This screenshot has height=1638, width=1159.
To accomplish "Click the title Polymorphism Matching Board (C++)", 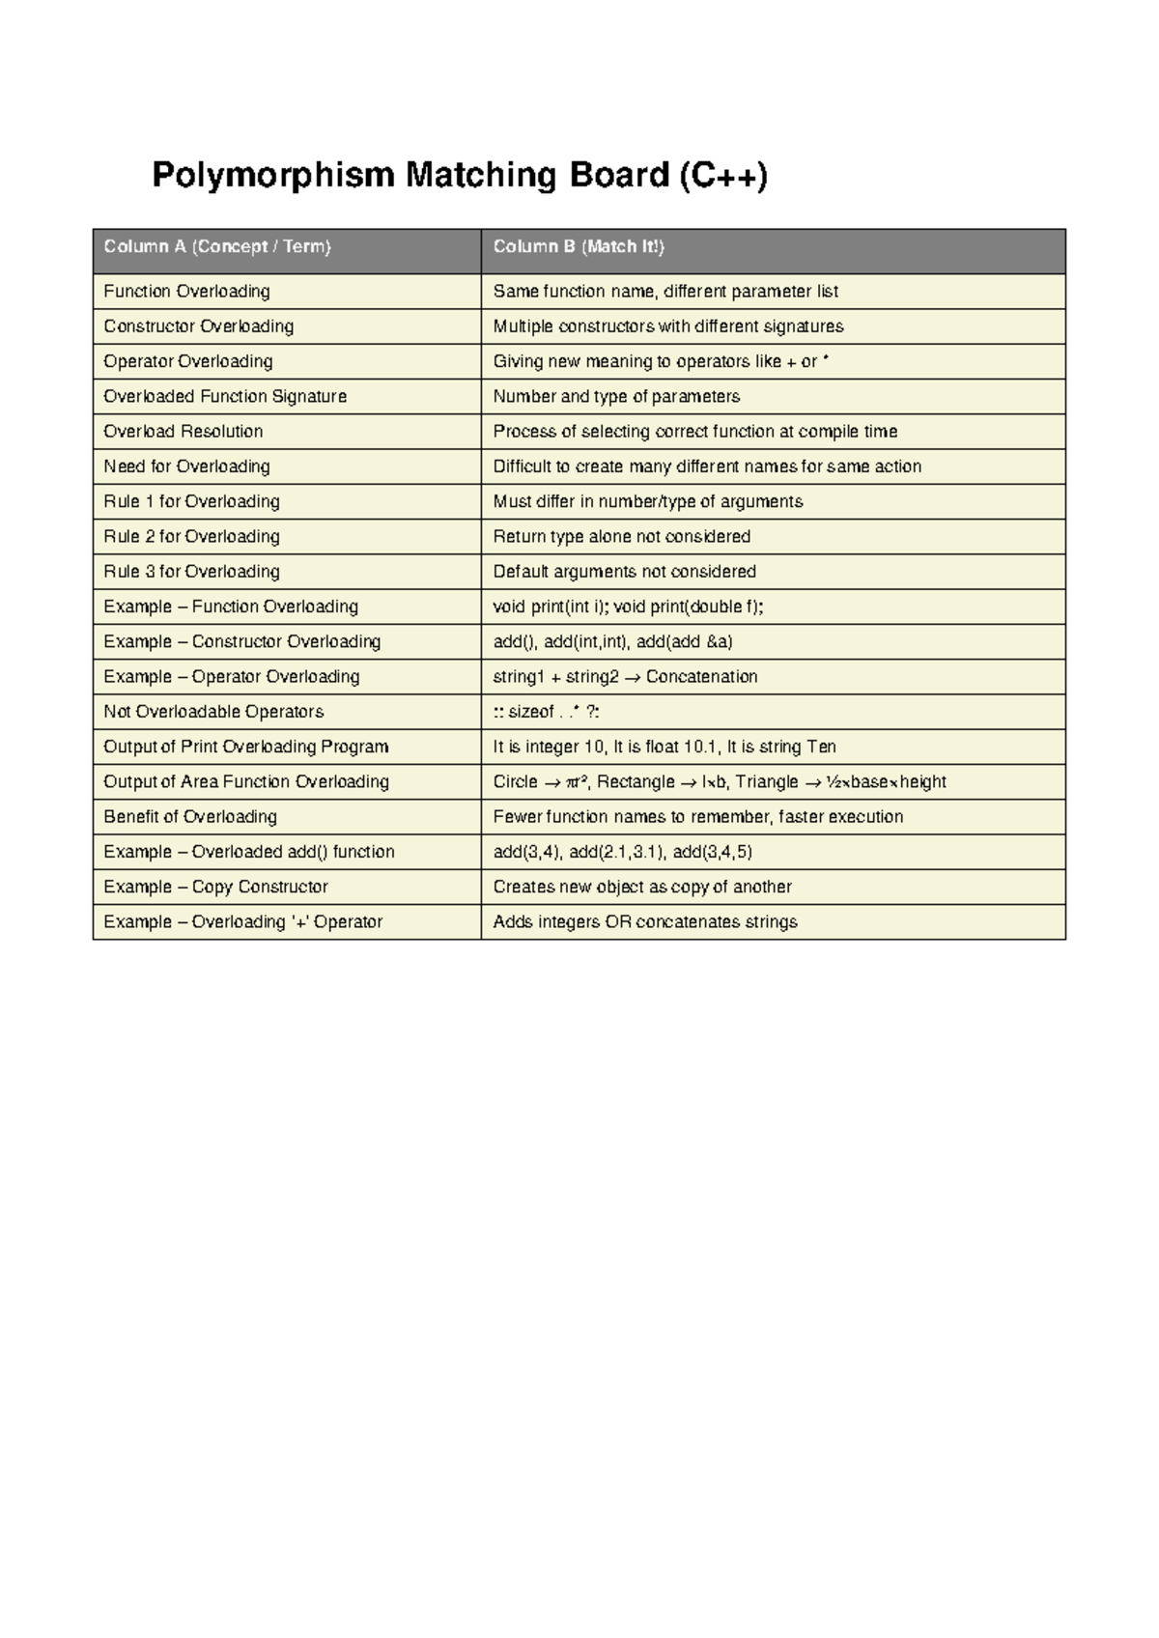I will [460, 176].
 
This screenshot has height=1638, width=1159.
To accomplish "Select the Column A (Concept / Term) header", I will [217, 247].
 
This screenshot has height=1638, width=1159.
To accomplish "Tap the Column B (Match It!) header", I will [579, 247].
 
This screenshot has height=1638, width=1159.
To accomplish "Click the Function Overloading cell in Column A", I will [187, 292].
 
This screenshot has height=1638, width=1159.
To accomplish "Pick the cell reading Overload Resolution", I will [184, 432].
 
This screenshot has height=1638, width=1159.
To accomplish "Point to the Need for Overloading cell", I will [187, 466].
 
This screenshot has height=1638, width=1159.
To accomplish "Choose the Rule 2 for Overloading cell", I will [192, 537].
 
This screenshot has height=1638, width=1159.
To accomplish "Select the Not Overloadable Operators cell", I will [214, 712].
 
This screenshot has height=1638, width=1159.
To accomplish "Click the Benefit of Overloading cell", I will [190, 817].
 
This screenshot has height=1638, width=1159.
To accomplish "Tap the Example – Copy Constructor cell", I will [216, 887].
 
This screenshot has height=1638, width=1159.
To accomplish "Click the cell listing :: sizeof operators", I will [547, 712].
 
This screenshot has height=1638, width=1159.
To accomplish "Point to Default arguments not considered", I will [625, 572].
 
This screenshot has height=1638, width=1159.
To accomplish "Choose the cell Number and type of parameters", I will [617, 397].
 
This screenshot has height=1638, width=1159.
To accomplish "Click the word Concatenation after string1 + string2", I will [702, 677].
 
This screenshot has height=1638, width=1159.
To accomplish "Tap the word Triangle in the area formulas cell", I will [767, 782].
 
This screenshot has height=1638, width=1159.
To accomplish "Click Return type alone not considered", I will [622, 537].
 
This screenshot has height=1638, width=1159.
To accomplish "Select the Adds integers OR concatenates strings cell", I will [645, 922].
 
